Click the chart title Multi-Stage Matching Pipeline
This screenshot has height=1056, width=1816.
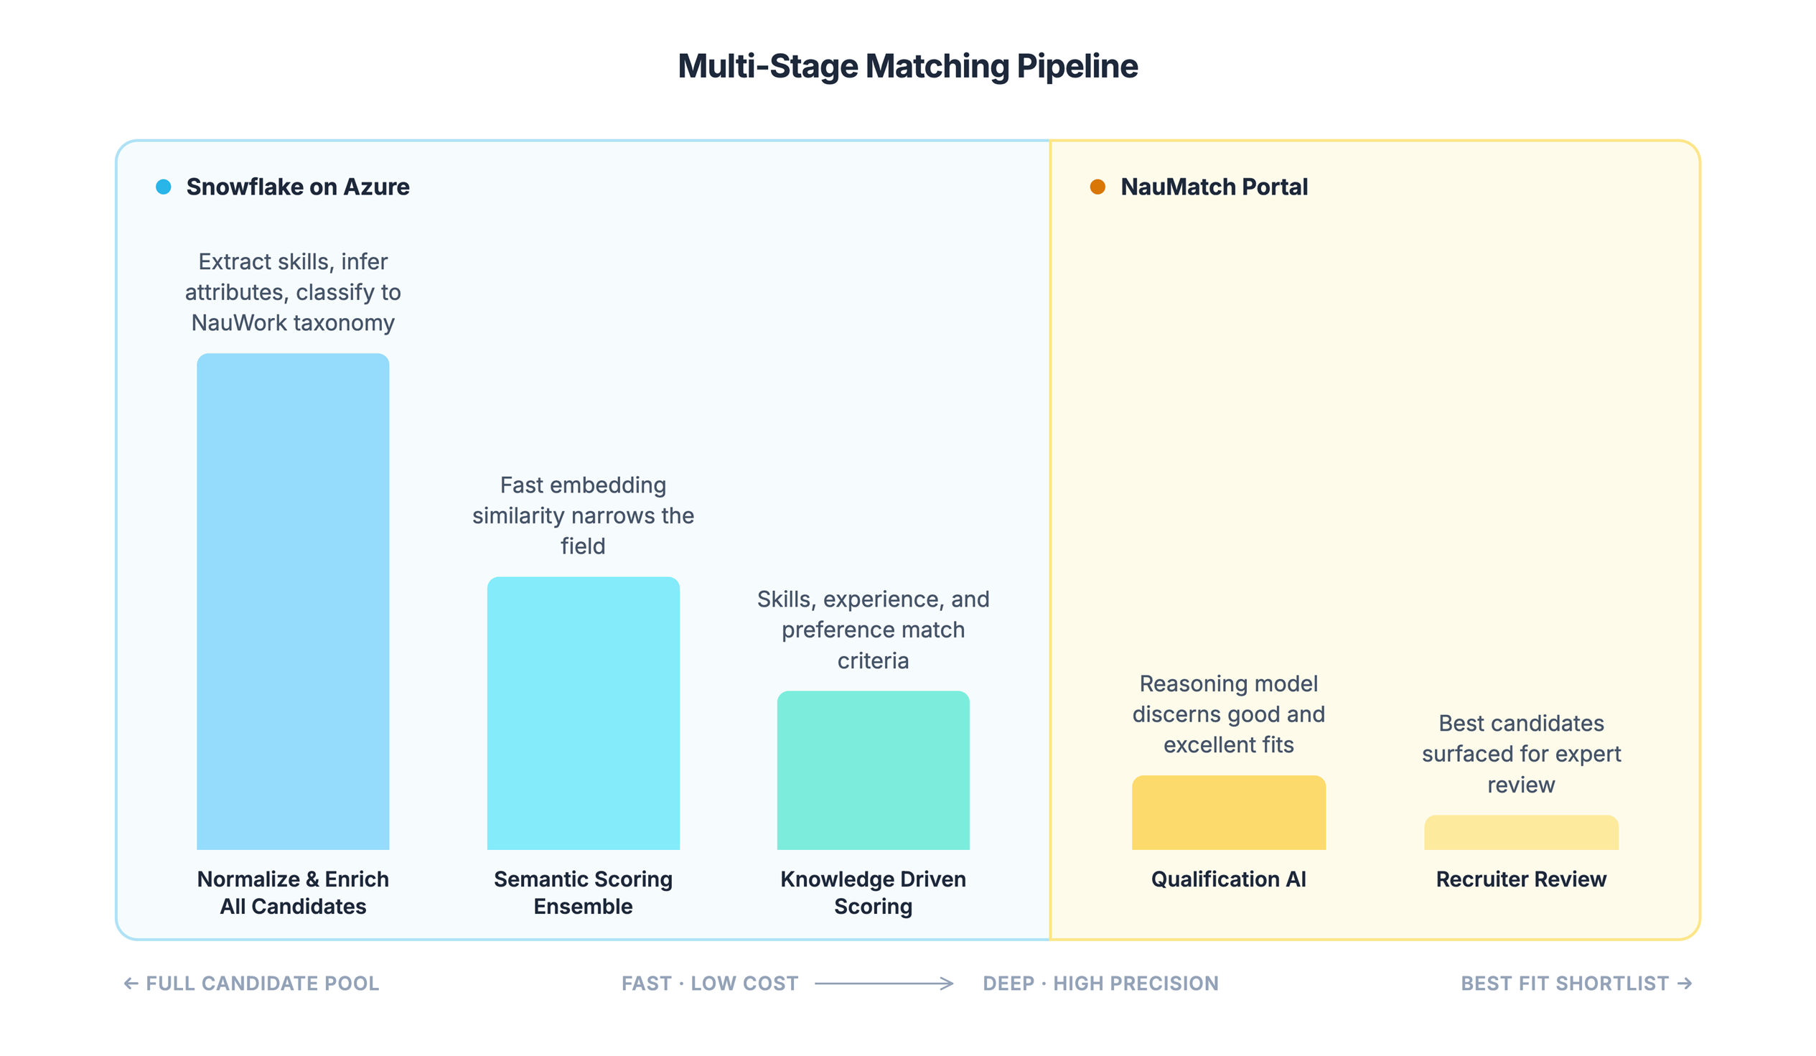click(907, 66)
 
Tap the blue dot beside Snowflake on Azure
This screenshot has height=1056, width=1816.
click(164, 187)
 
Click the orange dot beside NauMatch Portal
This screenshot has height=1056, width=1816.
click(1097, 187)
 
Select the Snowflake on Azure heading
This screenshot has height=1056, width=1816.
click(297, 187)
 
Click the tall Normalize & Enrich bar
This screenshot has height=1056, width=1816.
click(293, 602)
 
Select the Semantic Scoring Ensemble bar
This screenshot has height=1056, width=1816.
click(583, 714)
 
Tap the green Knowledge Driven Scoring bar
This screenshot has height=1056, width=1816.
click(873, 770)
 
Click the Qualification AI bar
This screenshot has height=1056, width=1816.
click(1228, 813)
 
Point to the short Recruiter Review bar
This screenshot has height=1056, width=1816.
click(1520, 833)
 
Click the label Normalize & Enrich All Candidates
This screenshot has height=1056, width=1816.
click(293, 892)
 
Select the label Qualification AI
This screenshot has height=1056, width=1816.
click(1228, 879)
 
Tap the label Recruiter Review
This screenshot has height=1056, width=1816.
click(1520, 879)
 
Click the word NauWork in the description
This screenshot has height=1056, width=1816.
click(238, 323)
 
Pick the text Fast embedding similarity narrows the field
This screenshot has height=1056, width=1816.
click(583, 515)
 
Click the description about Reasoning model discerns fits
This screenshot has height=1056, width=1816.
click(1228, 714)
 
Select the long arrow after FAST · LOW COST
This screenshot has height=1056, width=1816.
click(884, 983)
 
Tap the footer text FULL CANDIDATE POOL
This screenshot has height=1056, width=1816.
click(262, 983)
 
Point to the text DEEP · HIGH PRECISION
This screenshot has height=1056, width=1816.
click(1100, 983)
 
